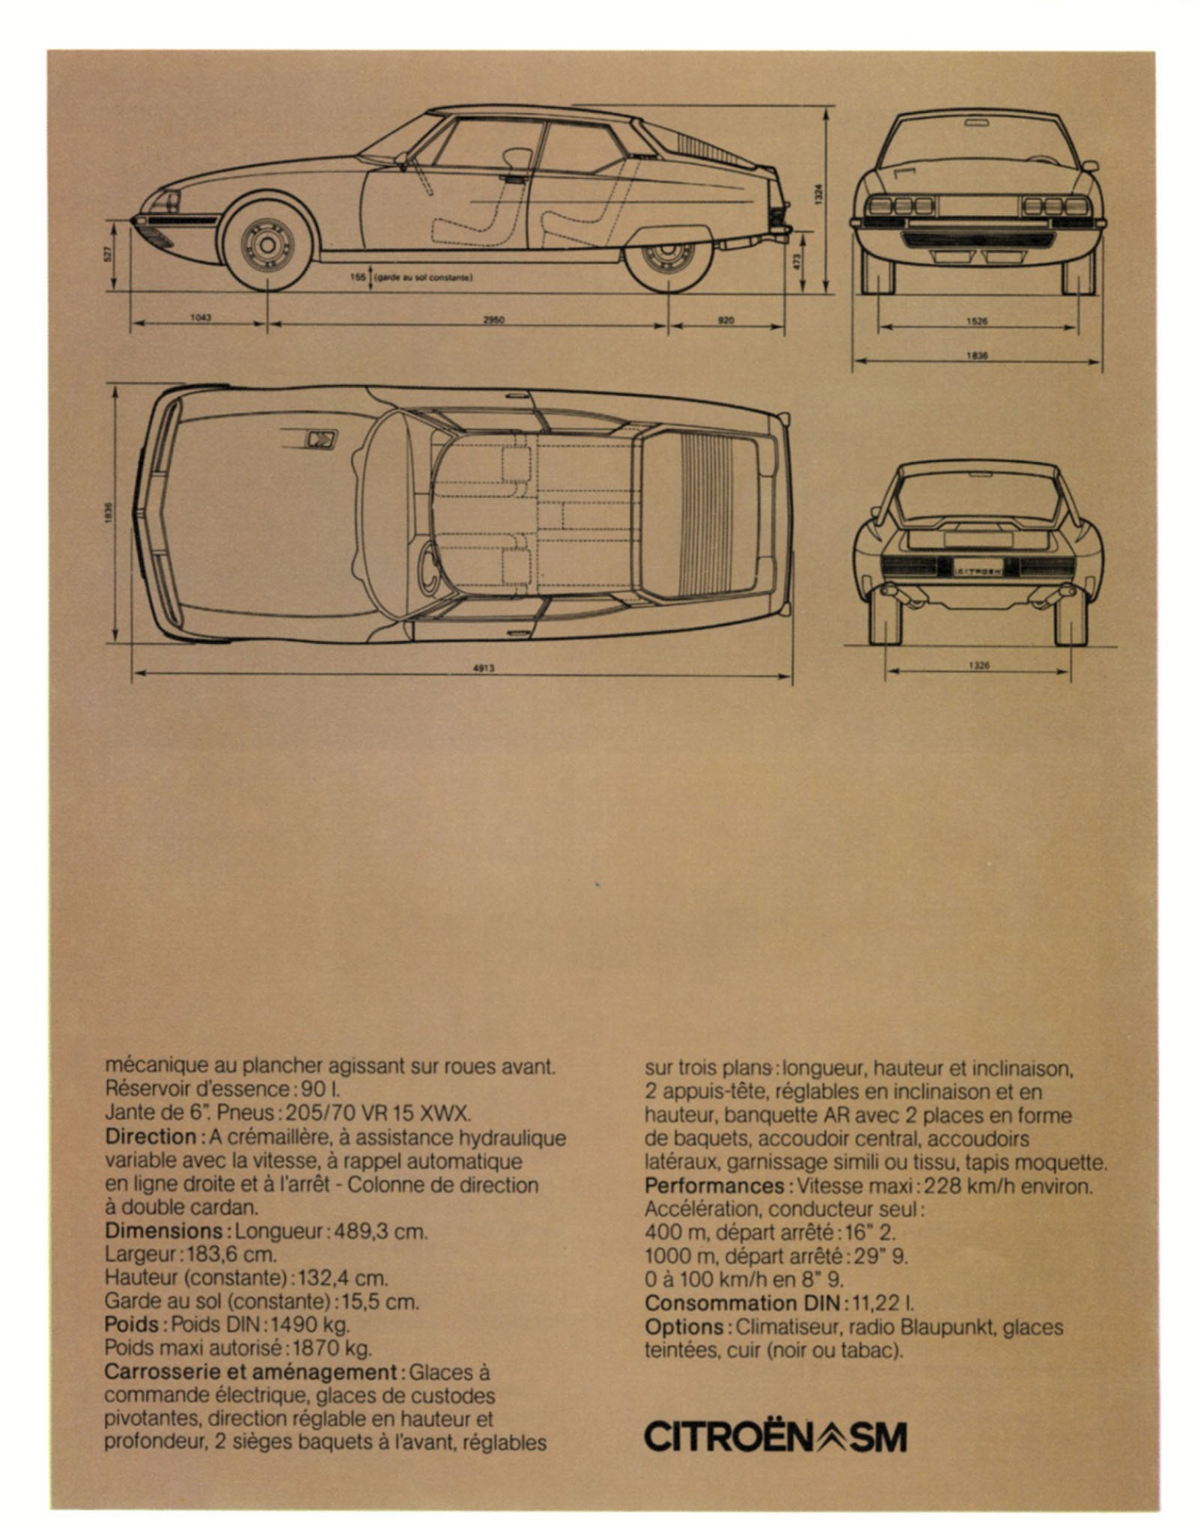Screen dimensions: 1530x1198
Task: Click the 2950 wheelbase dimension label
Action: click(x=493, y=320)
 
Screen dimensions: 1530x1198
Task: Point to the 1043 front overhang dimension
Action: click(x=201, y=318)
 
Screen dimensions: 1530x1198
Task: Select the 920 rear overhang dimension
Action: click(x=726, y=320)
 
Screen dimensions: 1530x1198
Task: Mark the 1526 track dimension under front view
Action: click(x=977, y=321)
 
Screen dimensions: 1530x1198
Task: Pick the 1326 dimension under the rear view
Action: click(x=978, y=665)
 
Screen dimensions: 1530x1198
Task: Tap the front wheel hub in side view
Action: click(x=267, y=244)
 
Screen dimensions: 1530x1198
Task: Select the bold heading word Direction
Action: click(x=150, y=1137)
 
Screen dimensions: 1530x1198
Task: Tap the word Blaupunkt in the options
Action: click(x=948, y=1327)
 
